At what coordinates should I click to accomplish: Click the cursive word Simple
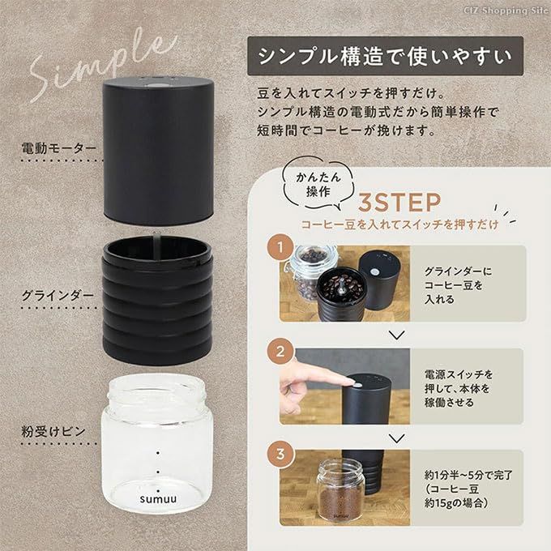[102, 63]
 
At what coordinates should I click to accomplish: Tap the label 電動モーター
[58, 148]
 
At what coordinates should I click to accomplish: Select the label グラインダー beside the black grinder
[58, 295]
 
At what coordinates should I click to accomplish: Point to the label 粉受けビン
[53, 431]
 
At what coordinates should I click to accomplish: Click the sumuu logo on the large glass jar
[158, 499]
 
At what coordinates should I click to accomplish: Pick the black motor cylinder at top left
[158, 151]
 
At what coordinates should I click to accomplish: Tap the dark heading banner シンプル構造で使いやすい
[385, 56]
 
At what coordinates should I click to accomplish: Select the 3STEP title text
[399, 203]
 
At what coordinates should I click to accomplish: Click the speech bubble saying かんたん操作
[318, 185]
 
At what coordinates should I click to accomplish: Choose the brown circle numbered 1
[280, 247]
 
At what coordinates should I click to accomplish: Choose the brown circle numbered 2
[280, 352]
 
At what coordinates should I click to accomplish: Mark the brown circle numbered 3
[280, 454]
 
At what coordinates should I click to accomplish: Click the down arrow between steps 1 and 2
[397, 335]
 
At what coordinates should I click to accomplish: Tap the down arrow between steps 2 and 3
[397, 438]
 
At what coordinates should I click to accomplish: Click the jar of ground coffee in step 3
[340, 489]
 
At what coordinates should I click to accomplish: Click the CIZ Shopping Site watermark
[506, 11]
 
